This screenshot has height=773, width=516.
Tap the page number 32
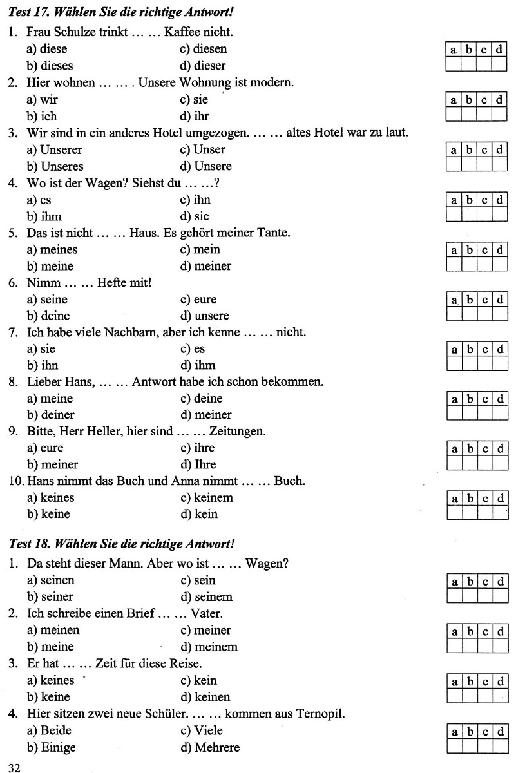(15, 766)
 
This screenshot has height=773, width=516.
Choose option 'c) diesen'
(204, 48)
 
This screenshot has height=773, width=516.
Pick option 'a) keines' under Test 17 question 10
(50, 498)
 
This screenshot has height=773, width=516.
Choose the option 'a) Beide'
(49, 730)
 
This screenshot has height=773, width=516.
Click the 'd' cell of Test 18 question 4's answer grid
(500, 732)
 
